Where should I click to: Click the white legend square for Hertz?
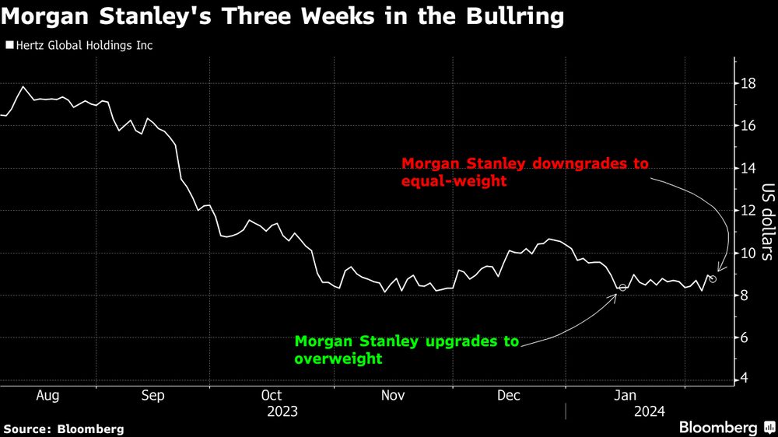click(x=9, y=46)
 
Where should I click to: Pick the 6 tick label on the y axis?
click(x=745, y=337)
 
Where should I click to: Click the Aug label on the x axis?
click(x=47, y=396)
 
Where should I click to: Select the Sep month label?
click(x=152, y=396)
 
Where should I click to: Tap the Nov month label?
click(x=393, y=396)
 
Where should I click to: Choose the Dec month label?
click(x=509, y=396)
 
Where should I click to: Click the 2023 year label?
click(x=282, y=411)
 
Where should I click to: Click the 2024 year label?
click(x=649, y=411)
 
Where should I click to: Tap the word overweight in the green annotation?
click(x=338, y=358)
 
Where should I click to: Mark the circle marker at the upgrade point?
click(x=622, y=288)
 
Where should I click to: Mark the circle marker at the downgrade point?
click(x=713, y=278)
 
